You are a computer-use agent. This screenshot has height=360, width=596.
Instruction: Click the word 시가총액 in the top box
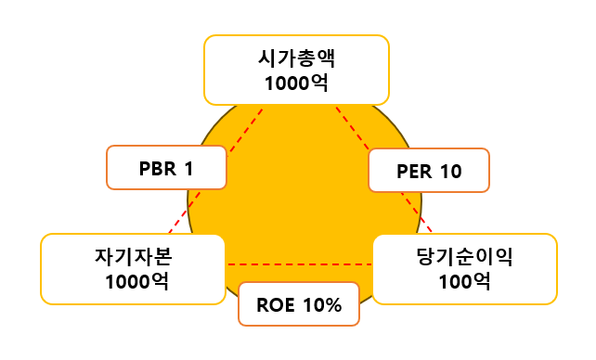pos(296,58)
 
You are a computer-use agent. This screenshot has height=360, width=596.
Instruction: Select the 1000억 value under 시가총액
pos(296,84)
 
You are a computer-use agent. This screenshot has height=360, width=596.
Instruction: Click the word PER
pos(413,171)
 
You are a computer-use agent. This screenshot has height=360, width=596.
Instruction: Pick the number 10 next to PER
pos(450,171)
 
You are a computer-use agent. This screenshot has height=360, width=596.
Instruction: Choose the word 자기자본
pos(133,256)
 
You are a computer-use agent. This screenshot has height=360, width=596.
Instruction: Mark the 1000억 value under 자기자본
pos(133,280)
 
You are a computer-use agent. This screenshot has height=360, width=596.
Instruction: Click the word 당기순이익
pos(465,256)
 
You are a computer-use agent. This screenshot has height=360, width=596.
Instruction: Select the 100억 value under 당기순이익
pos(464,280)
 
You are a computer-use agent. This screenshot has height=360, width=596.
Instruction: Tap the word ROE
pos(275,304)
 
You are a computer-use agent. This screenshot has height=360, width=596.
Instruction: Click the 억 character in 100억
pos(480,280)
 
